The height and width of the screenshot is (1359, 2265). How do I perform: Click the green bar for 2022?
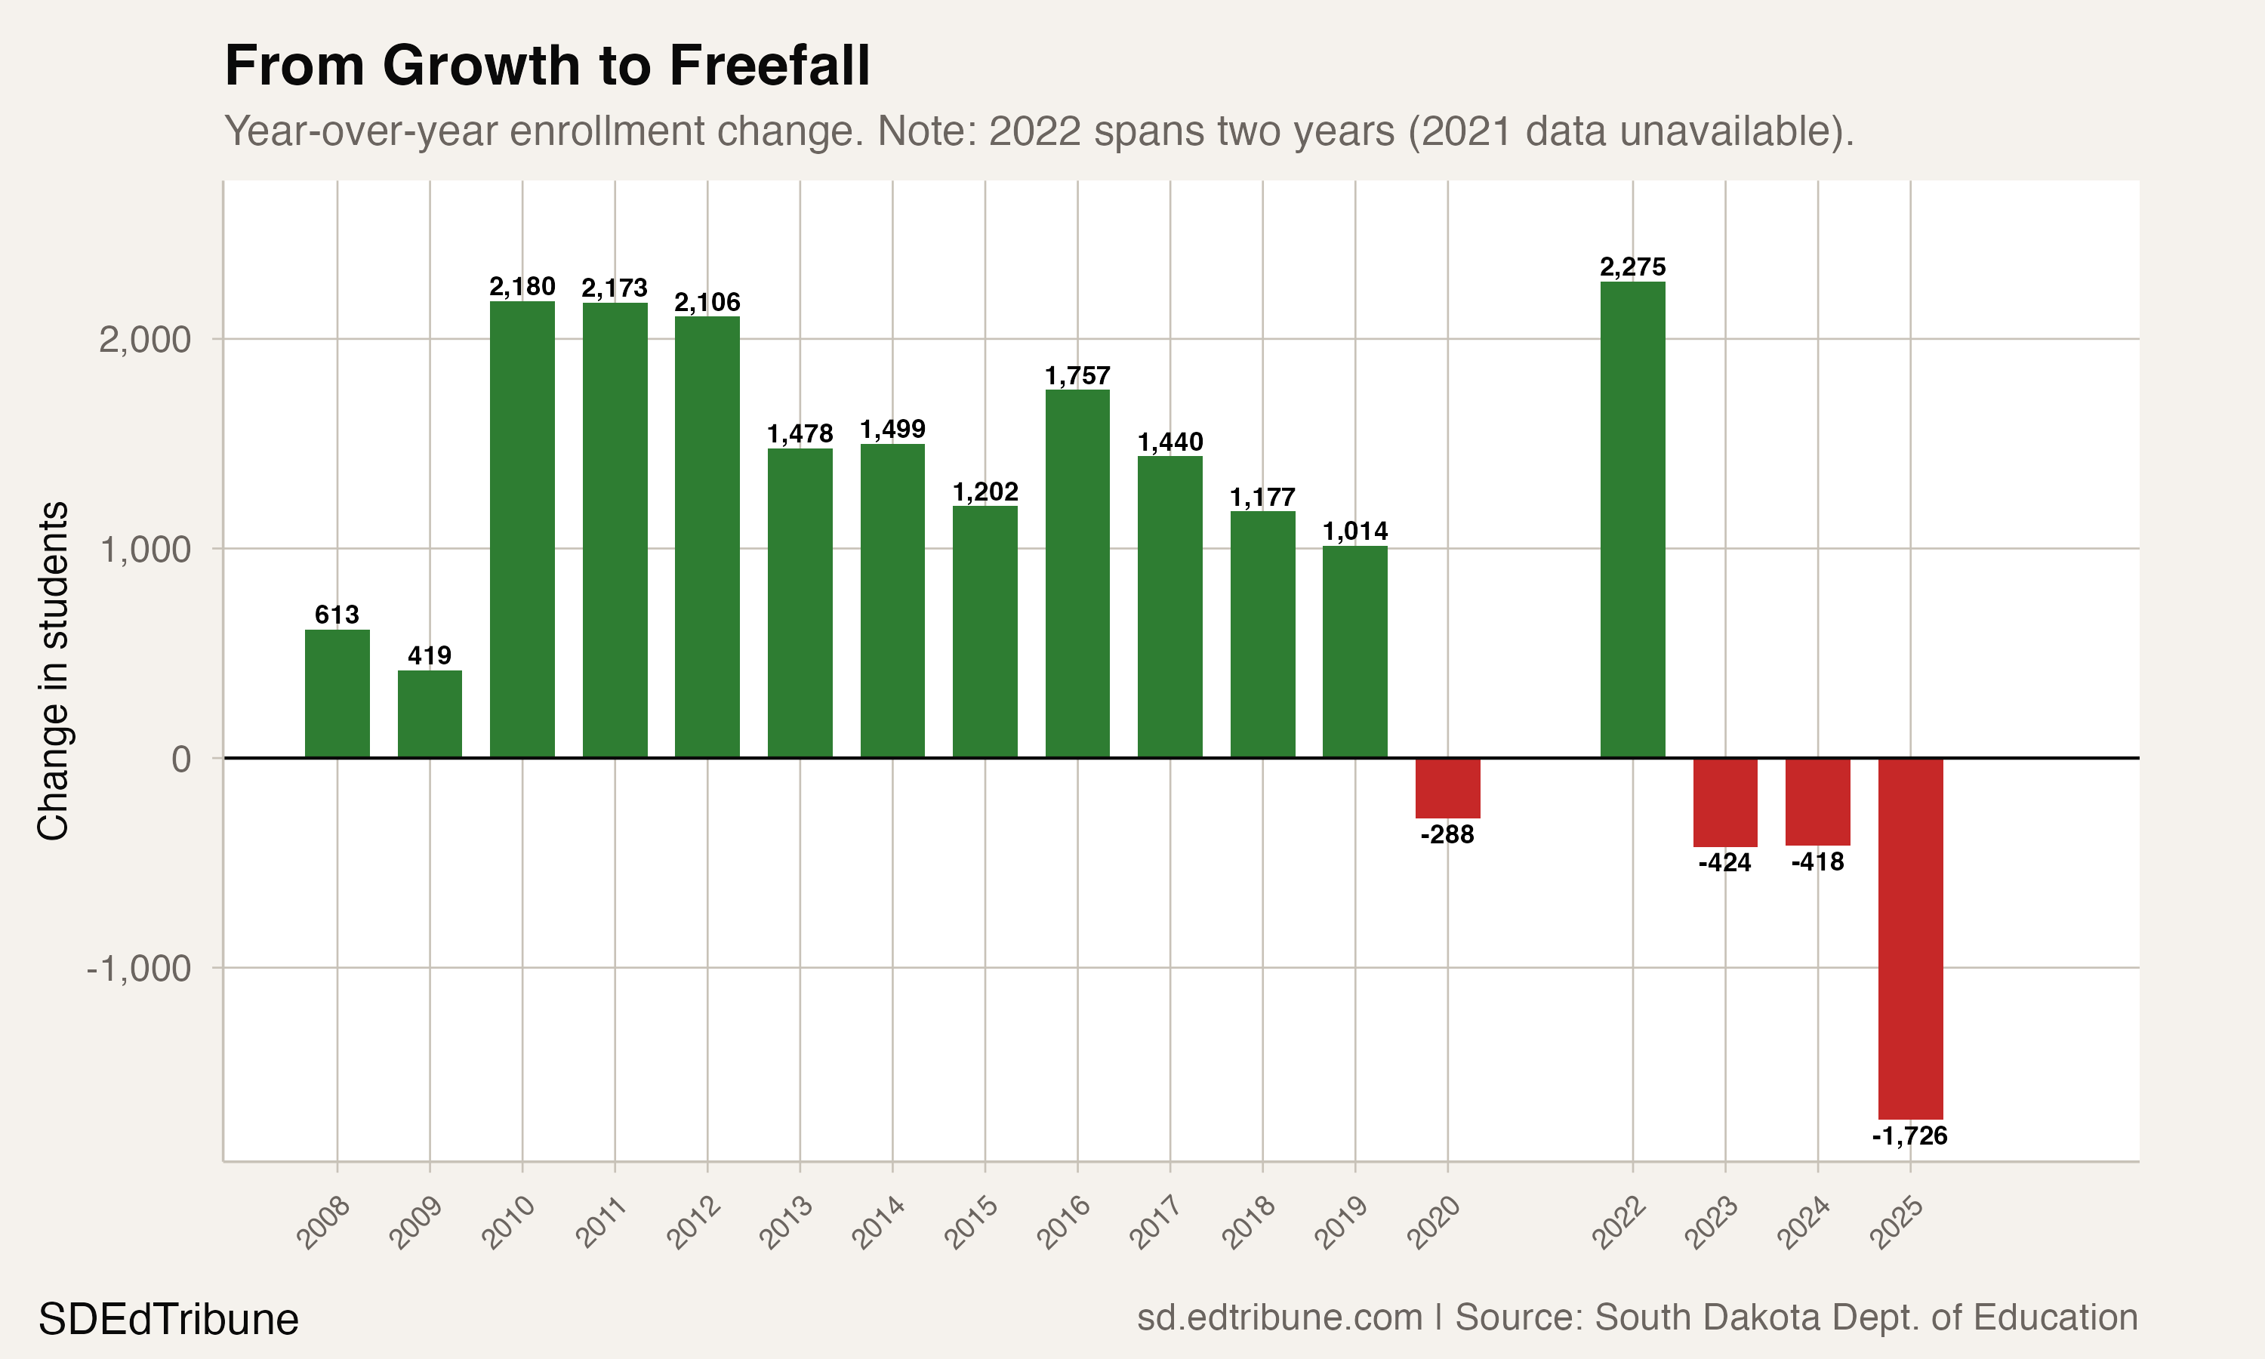pyautogui.click(x=1632, y=519)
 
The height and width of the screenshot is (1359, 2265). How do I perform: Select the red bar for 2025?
pyautogui.click(x=1910, y=938)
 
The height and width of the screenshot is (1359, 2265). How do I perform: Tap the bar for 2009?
pyautogui.click(x=430, y=713)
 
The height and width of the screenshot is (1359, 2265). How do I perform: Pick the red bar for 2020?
pyautogui.click(x=1447, y=787)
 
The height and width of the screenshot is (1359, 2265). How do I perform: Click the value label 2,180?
pyautogui.click(x=522, y=288)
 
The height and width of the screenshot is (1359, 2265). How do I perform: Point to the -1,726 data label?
pyautogui.click(x=1910, y=1136)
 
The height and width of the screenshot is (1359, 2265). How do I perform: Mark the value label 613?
pyautogui.click(x=337, y=615)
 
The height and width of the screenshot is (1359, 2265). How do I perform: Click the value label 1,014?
pyautogui.click(x=1355, y=532)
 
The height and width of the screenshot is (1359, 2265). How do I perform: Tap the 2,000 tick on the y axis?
pyautogui.click(x=145, y=340)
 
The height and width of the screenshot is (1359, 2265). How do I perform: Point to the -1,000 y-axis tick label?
pyautogui.click(x=138, y=968)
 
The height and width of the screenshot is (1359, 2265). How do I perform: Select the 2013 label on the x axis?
pyautogui.click(x=787, y=1222)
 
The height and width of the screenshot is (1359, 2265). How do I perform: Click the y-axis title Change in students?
pyautogui.click(x=53, y=670)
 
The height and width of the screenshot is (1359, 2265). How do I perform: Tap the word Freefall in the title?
pyautogui.click(x=769, y=66)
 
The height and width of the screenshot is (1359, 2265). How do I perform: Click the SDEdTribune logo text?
pyautogui.click(x=168, y=1320)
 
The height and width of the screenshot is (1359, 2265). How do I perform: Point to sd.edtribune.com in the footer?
pyautogui.click(x=1279, y=1317)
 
